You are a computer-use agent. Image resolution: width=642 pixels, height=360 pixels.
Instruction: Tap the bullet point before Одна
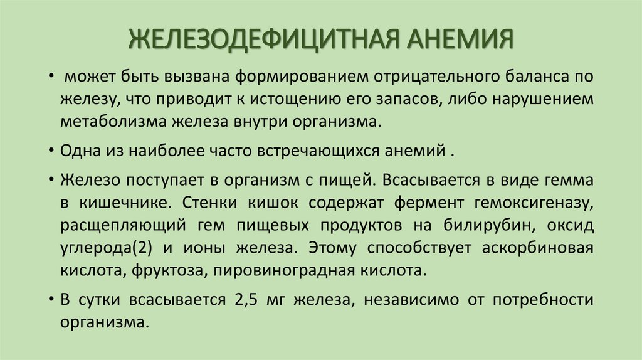tap(50, 152)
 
